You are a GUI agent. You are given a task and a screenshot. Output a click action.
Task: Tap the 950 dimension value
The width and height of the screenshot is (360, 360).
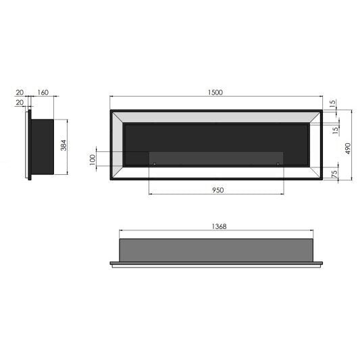point(216,190)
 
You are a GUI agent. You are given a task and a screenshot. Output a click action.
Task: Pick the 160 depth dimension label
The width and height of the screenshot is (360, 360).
point(43,92)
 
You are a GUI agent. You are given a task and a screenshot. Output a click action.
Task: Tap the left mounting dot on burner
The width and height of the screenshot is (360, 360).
point(154,163)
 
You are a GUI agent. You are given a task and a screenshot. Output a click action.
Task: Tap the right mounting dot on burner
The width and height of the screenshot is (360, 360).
point(277,163)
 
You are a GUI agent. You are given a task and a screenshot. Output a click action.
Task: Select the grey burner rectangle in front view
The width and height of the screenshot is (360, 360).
point(216,158)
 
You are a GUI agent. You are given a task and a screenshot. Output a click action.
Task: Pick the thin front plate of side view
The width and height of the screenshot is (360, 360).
point(28,147)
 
